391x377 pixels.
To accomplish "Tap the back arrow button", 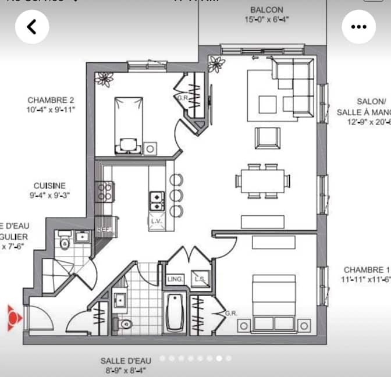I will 32,27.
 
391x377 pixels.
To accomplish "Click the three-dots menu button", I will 359,27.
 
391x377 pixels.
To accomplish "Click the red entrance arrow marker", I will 15,318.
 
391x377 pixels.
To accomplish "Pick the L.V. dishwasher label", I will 156,222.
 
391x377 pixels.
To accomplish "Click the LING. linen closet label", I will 175,280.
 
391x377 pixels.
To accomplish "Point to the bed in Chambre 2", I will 127,124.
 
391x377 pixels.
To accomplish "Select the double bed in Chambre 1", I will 273,303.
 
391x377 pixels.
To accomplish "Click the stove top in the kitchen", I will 105,191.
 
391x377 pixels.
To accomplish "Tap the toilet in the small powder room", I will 65,241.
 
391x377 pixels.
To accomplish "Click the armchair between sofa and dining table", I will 267,138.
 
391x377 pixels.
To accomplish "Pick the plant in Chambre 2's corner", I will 105,79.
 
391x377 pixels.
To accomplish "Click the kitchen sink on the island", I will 157,200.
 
